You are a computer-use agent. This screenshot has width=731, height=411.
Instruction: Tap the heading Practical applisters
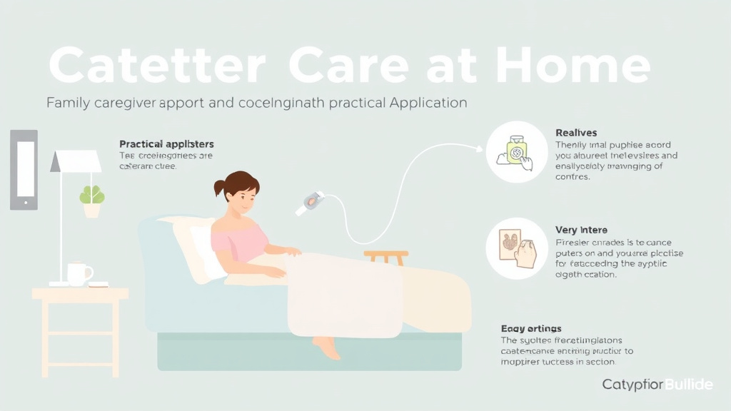[166, 144]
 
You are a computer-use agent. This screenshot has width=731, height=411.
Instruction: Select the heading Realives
[576, 133]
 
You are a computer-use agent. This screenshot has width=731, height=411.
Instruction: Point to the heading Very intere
[581, 230]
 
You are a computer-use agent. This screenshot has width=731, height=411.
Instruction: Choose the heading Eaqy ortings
[531, 328]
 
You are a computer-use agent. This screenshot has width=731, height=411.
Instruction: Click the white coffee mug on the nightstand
[79, 273]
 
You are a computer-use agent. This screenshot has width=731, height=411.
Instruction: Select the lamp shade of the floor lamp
[76, 161]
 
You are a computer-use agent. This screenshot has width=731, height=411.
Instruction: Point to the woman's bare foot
[328, 347]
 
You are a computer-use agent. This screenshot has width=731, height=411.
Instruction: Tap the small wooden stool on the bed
[385, 255]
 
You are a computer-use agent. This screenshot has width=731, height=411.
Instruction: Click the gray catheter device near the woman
[311, 202]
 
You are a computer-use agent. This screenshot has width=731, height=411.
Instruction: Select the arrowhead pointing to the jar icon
[478, 148]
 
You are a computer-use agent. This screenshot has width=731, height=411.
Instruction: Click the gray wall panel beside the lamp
[24, 169]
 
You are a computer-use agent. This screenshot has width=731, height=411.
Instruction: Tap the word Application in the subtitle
[428, 103]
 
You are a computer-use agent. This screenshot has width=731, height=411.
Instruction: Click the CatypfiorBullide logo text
[657, 385]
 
